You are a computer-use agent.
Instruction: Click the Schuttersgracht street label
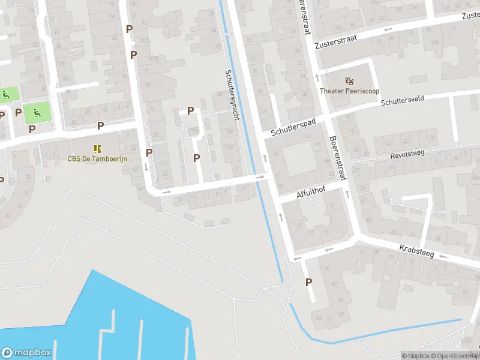pyautogui.click(x=232, y=95)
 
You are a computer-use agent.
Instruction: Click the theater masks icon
pyautogui.click(x=349, y=80)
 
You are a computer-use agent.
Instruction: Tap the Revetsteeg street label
pyautogui.click(x=407, y=154)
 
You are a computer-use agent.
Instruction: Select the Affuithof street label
pyautogui.click(x=314, y=194)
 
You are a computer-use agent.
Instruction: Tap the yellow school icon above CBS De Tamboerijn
pyautogui.click(x=97, y=148)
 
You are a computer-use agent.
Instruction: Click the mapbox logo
pyautogui.click(x=26, y=353)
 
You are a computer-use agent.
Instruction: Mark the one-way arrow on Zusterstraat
pyautogui.click(x=388, y=29)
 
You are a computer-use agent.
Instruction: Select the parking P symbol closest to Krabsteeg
pyautogui.click(x=310, y=282)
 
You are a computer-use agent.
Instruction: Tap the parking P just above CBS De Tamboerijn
pyautogui.click(x=101, y=125)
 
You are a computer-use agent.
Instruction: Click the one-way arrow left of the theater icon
pyautogui.click(x=318, y=77)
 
